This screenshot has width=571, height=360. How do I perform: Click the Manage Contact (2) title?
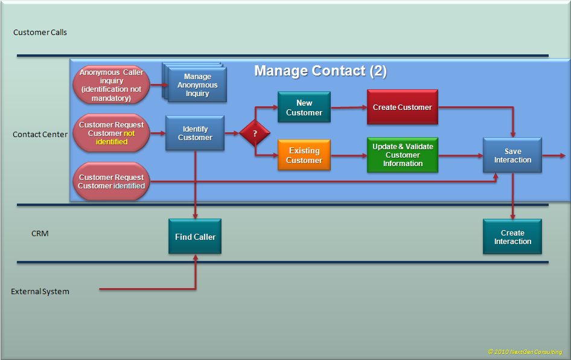320,71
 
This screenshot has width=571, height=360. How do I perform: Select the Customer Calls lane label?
40,32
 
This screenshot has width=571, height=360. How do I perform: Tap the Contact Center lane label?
40,135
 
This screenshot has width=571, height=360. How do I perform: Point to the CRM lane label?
40,233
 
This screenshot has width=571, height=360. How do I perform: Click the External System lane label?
40,292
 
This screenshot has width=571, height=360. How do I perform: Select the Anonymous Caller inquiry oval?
111,85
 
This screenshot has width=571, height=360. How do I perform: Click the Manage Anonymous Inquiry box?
197,85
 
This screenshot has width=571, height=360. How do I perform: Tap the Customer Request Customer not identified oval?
111,133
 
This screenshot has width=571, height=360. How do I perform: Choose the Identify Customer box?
195,133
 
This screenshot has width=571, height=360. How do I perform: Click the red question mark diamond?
255,133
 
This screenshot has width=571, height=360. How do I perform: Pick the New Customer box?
304,108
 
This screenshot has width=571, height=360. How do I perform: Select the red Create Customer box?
402,108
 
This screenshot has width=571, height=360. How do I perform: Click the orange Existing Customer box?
304,156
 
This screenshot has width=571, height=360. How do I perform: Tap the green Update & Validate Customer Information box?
402,155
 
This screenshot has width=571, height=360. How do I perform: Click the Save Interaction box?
512,155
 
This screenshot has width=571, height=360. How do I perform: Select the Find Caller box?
195,237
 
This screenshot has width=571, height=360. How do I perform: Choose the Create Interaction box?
512,237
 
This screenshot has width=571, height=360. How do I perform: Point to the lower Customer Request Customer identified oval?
111,182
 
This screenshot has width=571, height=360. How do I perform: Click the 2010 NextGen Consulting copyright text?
525,352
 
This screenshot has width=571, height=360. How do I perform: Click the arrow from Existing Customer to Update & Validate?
349,156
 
